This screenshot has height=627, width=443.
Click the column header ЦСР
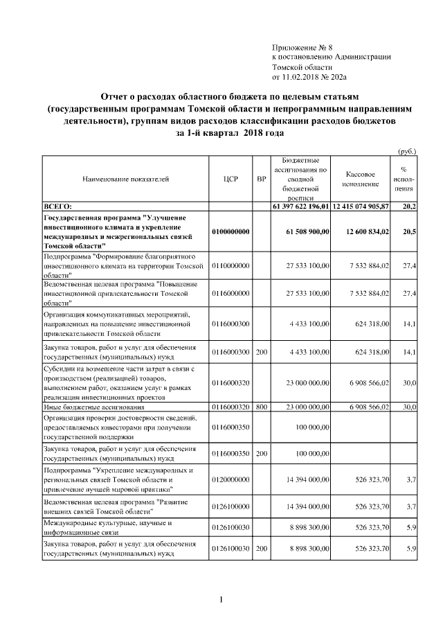[x=231, y=179]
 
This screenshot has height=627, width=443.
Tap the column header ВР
[x=261, y=179]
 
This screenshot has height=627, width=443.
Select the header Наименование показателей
[x=125, y=179]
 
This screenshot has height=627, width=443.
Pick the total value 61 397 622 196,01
[x=301, y=206]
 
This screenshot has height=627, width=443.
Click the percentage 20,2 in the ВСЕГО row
[x=408, y=206]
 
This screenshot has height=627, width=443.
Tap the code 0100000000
[x=231, y=231]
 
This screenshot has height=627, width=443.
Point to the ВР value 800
[x=261, y=407]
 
